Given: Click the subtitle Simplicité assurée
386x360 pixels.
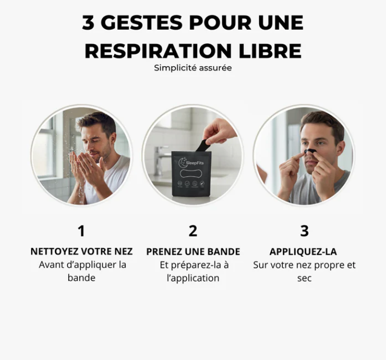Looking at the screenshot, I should point(192,68).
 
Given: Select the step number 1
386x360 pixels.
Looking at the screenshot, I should point(81,231).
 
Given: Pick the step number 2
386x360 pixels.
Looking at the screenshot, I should point(193,231).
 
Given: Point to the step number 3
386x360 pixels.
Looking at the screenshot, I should point(304,231).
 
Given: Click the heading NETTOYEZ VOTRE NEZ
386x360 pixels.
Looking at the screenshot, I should point(81,251).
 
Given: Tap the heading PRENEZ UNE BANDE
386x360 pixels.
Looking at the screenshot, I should point(193,251).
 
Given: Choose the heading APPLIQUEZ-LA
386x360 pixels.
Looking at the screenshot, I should point(303,251).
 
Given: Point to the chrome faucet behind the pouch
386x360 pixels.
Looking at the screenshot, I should point(161,158).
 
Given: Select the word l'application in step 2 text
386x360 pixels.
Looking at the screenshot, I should point(193,278).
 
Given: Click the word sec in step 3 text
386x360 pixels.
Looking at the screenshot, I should point(304,278).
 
